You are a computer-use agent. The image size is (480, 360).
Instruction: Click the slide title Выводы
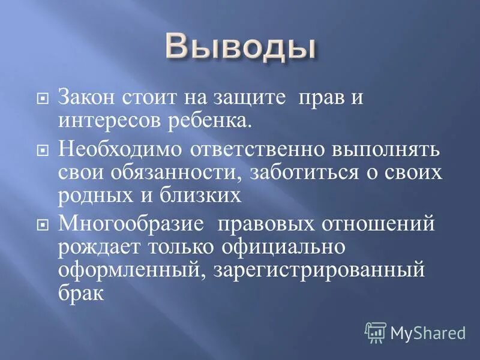point(240,47)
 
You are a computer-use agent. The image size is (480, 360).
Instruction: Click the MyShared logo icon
point(376,332)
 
